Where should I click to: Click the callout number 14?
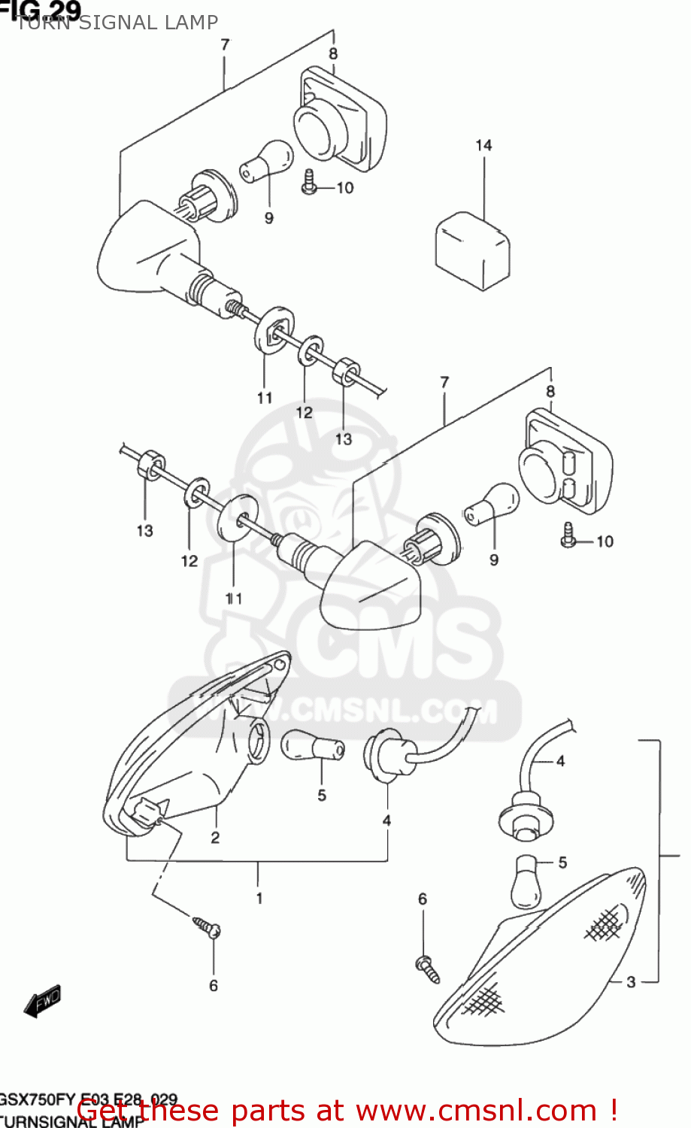pyautogui.click(x=483, y=145)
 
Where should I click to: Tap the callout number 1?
pyautogui.click(x=259, y=898)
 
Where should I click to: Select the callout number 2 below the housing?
pyautogui.click(x=215, y=838)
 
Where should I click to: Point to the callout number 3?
pyautogui.click(x=631, y=981)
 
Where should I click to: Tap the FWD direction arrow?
pyautogui.click(x=42, y=1001)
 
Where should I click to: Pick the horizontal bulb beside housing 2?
pyautogui.click(x=312, y=746)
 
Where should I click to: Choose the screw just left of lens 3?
pyautogui.click(x=427, y=968)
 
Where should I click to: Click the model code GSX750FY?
pyautogui.click(x=38, y=1099)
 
